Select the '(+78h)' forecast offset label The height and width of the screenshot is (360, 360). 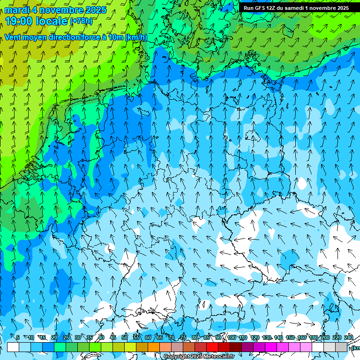click(81, 22)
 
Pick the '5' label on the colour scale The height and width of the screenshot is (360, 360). click(18, 337)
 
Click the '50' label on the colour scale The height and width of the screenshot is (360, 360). click(124, 337)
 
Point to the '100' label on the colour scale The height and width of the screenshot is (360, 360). click(232, 337)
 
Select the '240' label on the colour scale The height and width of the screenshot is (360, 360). click(349, 337)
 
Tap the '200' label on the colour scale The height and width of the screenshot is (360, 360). click(325, 337)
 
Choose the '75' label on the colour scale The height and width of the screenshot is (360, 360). click(183, 337)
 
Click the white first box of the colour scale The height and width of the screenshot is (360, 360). click(13, 347)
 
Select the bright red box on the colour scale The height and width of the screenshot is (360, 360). click(212, 347)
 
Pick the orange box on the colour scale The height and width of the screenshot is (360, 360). click(153, 347)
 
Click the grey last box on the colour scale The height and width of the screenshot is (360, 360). click(341, 347)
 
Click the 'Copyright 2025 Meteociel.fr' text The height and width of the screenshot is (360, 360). click(199, 356)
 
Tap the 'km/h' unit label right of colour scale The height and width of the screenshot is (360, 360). click(356, 348)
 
